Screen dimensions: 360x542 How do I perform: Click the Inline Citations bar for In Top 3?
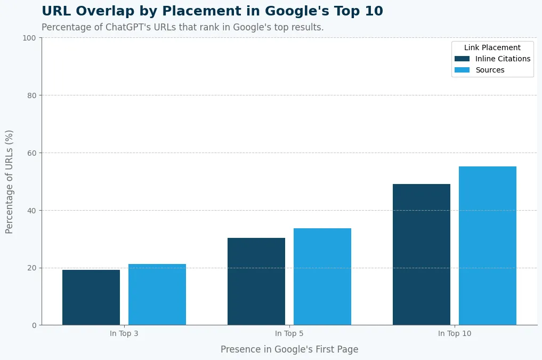(x=91, y=297)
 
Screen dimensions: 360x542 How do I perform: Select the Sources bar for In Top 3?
(x=157, y=294)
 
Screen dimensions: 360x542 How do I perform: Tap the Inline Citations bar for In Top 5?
(x=256, y=281)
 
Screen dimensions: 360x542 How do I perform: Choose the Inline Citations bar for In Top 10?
(x=422, y=254)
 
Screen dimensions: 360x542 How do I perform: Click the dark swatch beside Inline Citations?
(x=462, y=59)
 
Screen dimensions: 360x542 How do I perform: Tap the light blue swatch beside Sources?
(x=462, y=70)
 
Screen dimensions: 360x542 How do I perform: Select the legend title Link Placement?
(x=492, y=47)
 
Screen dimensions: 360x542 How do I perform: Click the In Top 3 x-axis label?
(x=124, y=334)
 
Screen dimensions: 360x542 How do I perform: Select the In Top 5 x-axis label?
(x=289, y=334)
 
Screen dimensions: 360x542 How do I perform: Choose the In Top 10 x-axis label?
(x=455, y=334)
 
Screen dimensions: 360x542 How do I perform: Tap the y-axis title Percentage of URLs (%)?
(x=10, y=181)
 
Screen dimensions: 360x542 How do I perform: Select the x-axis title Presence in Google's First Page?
(x=289, y=350)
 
